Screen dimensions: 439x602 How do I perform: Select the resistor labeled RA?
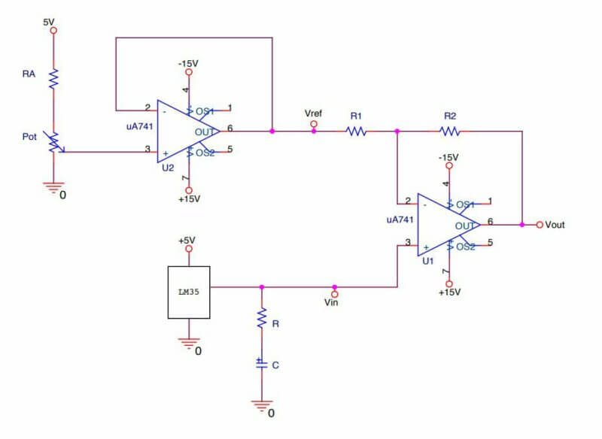(x=53, y=78)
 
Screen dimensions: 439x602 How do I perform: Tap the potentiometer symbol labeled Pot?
(x=54, y=141)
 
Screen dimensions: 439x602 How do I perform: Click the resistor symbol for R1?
(x=356, y=131)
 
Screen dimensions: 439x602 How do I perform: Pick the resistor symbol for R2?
(x=450, y=131)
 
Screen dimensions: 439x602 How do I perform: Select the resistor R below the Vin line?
(x=261, y=319)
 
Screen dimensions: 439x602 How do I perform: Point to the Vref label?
(x=314, y=114)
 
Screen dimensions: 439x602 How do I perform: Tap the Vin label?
(x=332, y=302)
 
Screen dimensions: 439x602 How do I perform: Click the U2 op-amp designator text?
(x=167, y=168)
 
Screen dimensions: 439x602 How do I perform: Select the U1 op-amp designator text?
(x=427, y=261)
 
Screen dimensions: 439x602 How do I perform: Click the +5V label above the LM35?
(x=187, y=241)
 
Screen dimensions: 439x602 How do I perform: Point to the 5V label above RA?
(x=49, y=23)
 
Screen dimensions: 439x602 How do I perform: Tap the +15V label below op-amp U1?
(x=449, y=292)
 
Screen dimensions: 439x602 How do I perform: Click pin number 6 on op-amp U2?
(x=229, y=128)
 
